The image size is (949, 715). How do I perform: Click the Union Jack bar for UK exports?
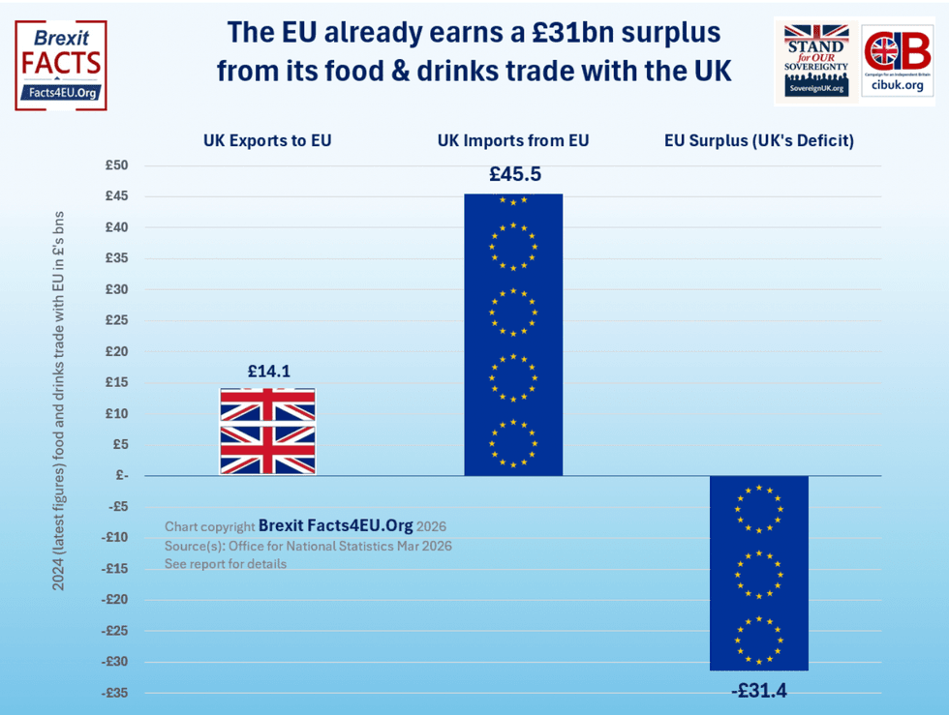point(267,432)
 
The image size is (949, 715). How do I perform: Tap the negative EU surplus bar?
point(758,573)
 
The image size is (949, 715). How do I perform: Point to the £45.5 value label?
point(513,175)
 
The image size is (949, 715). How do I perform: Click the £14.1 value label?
point(268,370)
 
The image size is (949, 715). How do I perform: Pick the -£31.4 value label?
point(758,691)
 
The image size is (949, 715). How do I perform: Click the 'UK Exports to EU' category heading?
point(267,140)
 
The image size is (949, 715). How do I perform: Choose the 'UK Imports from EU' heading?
point(513,140)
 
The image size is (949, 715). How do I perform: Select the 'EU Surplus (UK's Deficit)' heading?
point(758,140)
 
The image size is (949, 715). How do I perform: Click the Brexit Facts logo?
point(61,65)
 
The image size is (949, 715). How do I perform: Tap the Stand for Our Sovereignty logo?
point(816,61)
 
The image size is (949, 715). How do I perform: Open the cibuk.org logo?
point(897,61)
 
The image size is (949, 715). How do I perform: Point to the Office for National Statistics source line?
point(308,546)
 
